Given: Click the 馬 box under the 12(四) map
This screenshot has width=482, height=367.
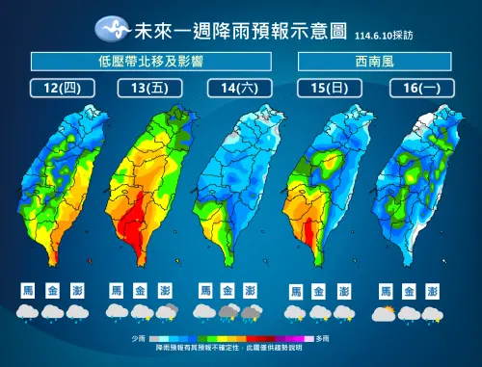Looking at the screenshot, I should point(27,289).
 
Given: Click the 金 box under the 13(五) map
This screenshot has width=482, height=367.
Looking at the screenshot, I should point(140,289).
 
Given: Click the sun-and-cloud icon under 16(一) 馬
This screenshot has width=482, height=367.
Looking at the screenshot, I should point(386,313).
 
